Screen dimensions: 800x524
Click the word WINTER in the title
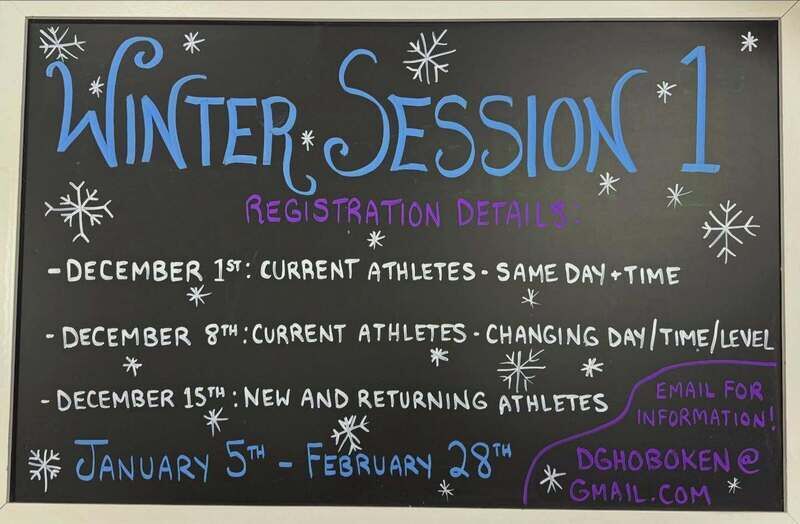(176, 115)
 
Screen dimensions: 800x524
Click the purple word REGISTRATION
(343, 212)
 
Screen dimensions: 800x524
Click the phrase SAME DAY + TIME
(588, 274)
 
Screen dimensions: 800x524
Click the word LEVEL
(747, 338)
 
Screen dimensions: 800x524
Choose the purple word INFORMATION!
(706, 417)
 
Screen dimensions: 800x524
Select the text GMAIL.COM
(640, 492)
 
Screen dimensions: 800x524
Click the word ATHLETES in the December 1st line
(421, 271)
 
